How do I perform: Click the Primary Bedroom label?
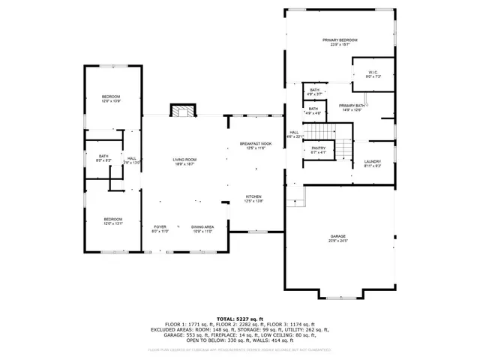click(x=340, y=40)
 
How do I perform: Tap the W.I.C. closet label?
click(x=373, y=72)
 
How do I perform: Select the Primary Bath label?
click(x=351, y=106)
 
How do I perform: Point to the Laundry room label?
click(x=373, y=161)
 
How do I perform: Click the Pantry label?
click(x=318, y=148)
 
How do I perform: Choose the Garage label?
click(x=339, y=237)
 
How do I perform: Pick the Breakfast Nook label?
click(x=256, y=143)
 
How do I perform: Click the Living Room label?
click(x=184, y=159)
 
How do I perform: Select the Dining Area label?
click(x=202, y=226)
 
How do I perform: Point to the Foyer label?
click(x=160, y=226)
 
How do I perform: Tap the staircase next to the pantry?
click(x=342, y=148)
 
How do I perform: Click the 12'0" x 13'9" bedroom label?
click(x=111, y=97)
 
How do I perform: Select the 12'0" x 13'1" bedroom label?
click(x=112, y=220)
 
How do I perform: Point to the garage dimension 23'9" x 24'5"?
click(x=339, y=241)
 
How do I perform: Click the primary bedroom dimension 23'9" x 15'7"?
click(x=340, y=44)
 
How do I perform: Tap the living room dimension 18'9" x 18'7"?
click(x=184, y=163)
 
